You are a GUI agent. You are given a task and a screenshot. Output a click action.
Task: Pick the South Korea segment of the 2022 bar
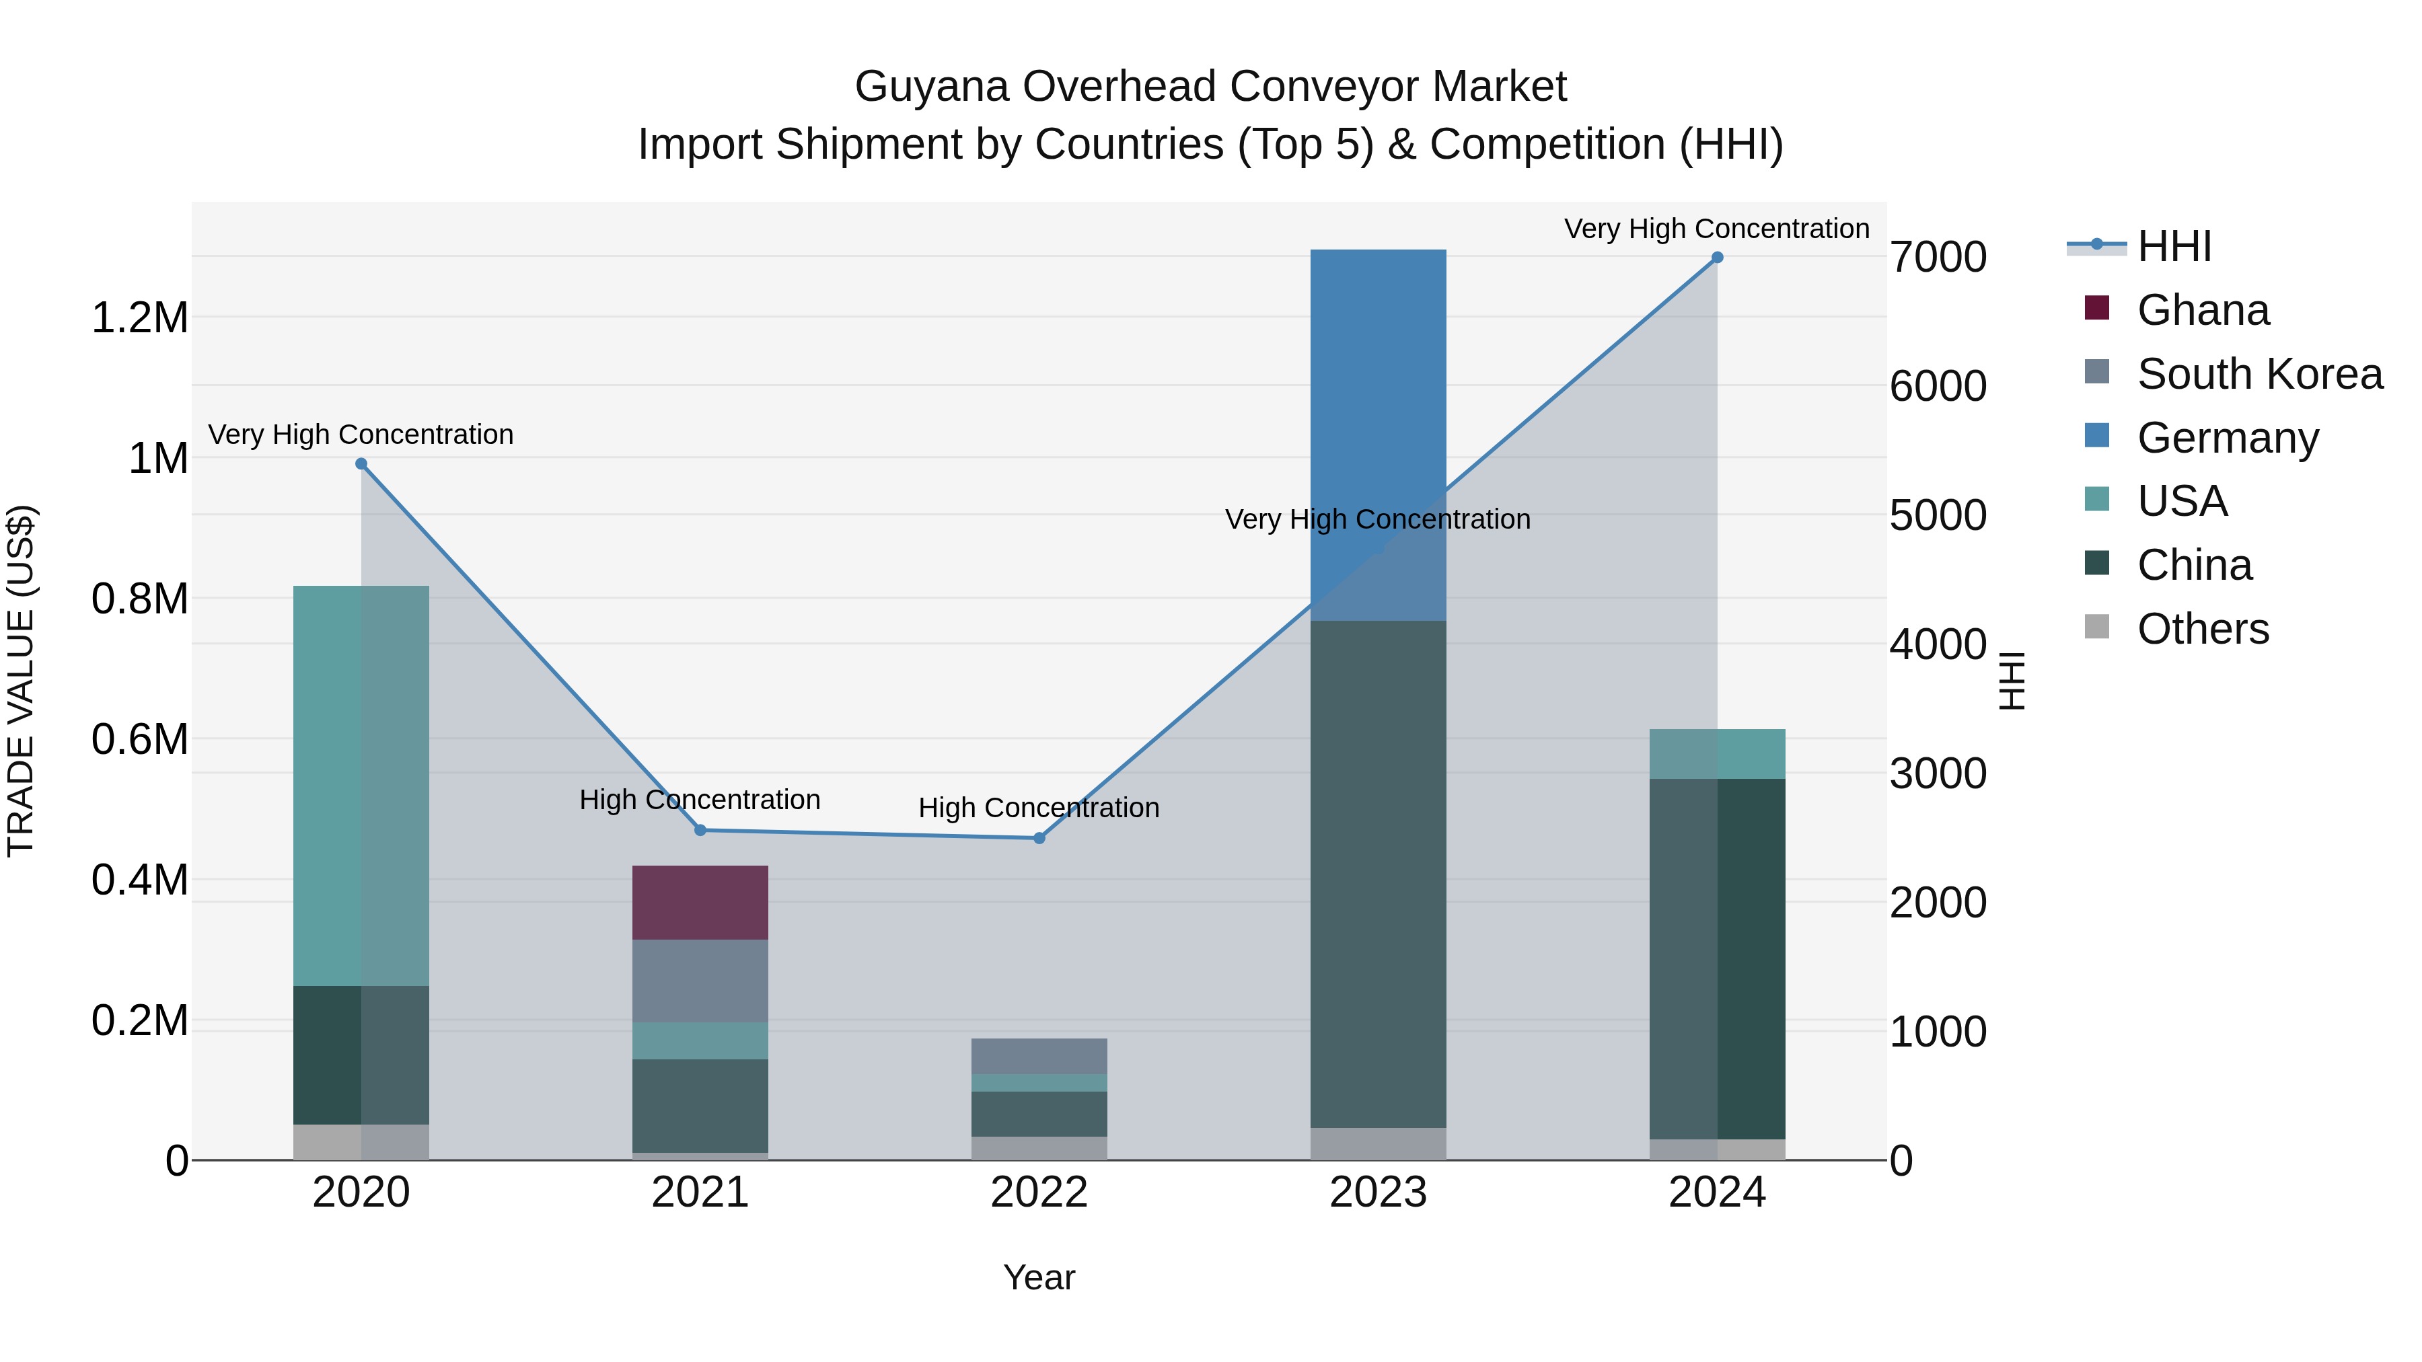tap(1038, 1055)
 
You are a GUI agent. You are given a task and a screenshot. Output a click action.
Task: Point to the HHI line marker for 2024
tap(1717, 258)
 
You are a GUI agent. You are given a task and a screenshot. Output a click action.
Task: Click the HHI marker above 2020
tap(361, 463)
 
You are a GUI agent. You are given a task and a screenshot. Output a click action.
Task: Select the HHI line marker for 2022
tap(1039, 837)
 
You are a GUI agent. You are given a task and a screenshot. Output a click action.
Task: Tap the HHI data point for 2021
tap(700, 830)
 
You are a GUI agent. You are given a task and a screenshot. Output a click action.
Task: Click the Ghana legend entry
tap(2202, 310)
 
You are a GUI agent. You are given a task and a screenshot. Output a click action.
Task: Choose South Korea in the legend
tap(2259, 374)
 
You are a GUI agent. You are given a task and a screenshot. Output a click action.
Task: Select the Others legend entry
tap(2202, 629)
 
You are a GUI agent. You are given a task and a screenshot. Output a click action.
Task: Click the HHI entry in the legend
tap(2173, 246)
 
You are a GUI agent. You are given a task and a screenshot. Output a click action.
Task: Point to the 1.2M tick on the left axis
tap(139, 317)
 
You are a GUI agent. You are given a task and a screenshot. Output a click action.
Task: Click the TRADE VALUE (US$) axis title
tap(22, 681)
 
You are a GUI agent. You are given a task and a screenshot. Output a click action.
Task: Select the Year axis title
tap(1038, 1277)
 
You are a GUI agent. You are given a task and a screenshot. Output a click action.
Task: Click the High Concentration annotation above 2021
tap(700, 800)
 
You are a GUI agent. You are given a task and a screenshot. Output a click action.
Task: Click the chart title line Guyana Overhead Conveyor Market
tap(1210, 87)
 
